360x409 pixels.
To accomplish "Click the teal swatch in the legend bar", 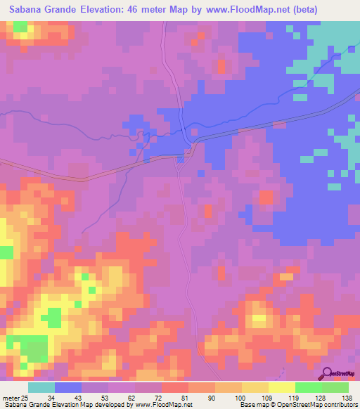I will (x=41, y=387).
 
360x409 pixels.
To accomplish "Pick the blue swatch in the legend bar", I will (x=68, y=387).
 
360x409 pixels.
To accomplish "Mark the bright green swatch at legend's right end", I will (x=335, y=387).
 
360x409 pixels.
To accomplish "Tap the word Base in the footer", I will (x=247, y=405).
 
